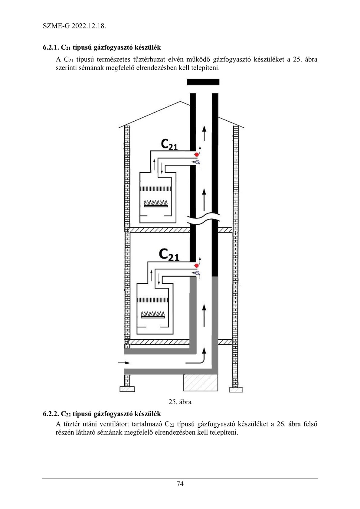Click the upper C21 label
tap(169, 144)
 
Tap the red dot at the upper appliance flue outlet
tap(197, 155)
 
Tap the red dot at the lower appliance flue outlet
tap(197, 266)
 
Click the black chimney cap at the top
tap(203, 82)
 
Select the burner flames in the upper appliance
tap(156, 202)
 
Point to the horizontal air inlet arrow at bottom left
tap(124, 362)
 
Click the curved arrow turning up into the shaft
tap(197, 358)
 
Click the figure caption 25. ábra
tap(180, 402)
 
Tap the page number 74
tap(180, 484)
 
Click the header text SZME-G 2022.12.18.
tap(74, 26)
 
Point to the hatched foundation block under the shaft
tap(200, 383)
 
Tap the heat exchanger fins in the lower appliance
tap(153, 300)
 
